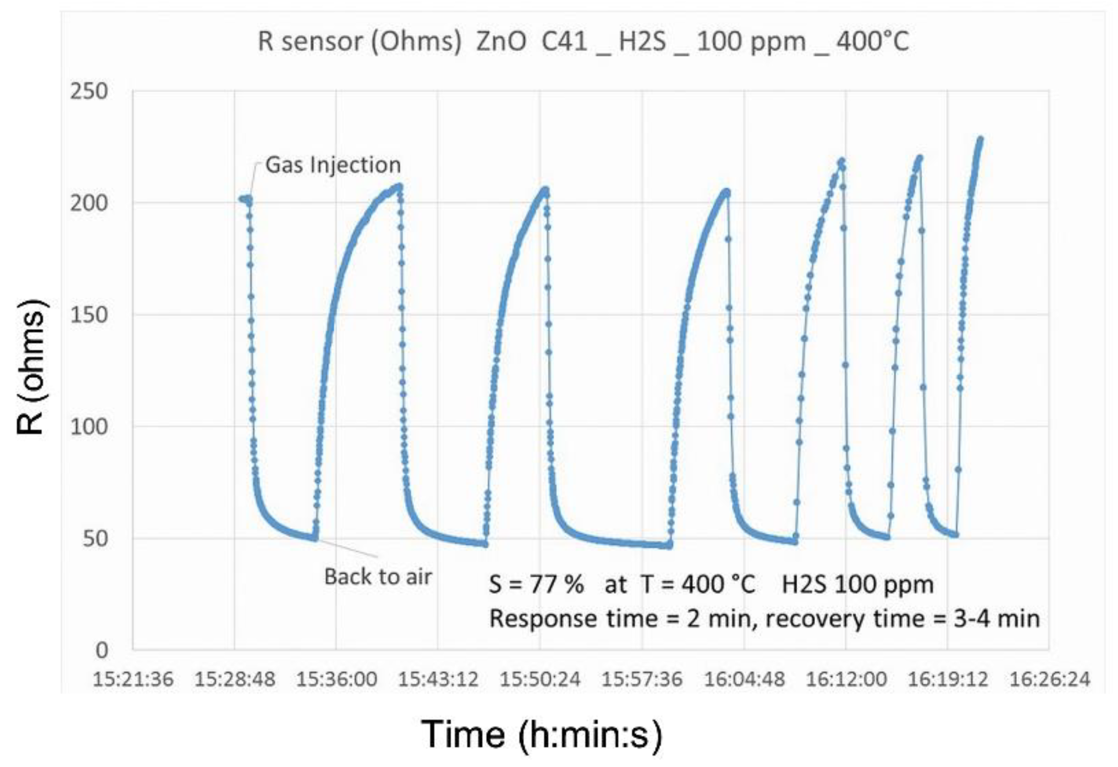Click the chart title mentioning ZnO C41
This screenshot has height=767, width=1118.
[583, 42]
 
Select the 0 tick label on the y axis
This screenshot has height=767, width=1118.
[102, 649]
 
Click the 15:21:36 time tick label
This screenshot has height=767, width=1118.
[133, 679]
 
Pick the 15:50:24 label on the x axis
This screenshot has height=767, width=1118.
[540, 679]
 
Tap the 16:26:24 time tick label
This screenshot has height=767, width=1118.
[1050, 679]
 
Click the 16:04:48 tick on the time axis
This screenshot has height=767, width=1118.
[744, 679]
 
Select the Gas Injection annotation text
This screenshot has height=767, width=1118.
[333, 165]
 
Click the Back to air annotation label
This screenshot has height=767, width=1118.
[378, 577]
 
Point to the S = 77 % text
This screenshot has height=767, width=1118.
[536, 584]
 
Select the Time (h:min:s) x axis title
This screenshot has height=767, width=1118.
[541, 734]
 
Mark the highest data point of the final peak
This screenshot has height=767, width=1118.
[980, 140]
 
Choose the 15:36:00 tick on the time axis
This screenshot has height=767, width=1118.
[337, 679]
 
